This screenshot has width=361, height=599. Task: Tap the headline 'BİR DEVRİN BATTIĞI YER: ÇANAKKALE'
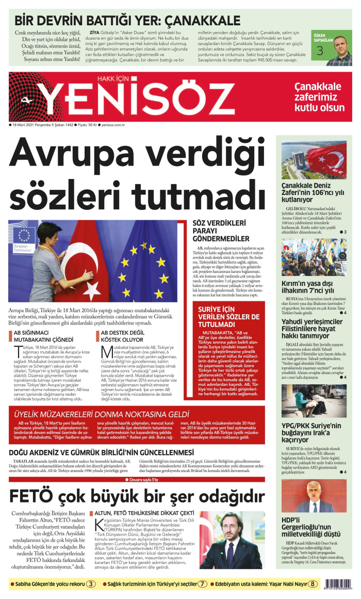(127, 21)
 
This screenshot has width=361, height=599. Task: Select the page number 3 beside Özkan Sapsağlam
(320, 51)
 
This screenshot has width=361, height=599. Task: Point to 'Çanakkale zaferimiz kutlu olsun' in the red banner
(319, 96)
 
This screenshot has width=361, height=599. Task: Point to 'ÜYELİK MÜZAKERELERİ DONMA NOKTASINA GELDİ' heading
(102, 414)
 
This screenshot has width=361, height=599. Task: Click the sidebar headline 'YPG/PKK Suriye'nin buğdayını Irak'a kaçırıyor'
(311, 433)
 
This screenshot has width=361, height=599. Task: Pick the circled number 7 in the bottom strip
(203, 584)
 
